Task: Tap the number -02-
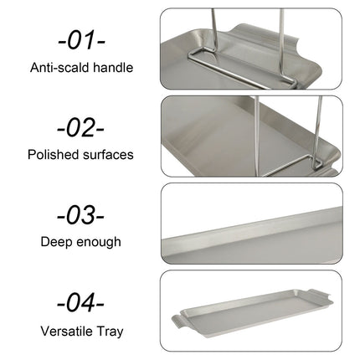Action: [81, 127]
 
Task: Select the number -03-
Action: [81, 215]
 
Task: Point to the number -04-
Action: [81, 303]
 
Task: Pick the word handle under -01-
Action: [112, 66]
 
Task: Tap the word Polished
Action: [53, 155]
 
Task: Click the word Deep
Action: [56, 243]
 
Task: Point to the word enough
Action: [99, 243]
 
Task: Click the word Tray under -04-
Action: [111, 332]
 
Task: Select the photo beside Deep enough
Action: [260, 223]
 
